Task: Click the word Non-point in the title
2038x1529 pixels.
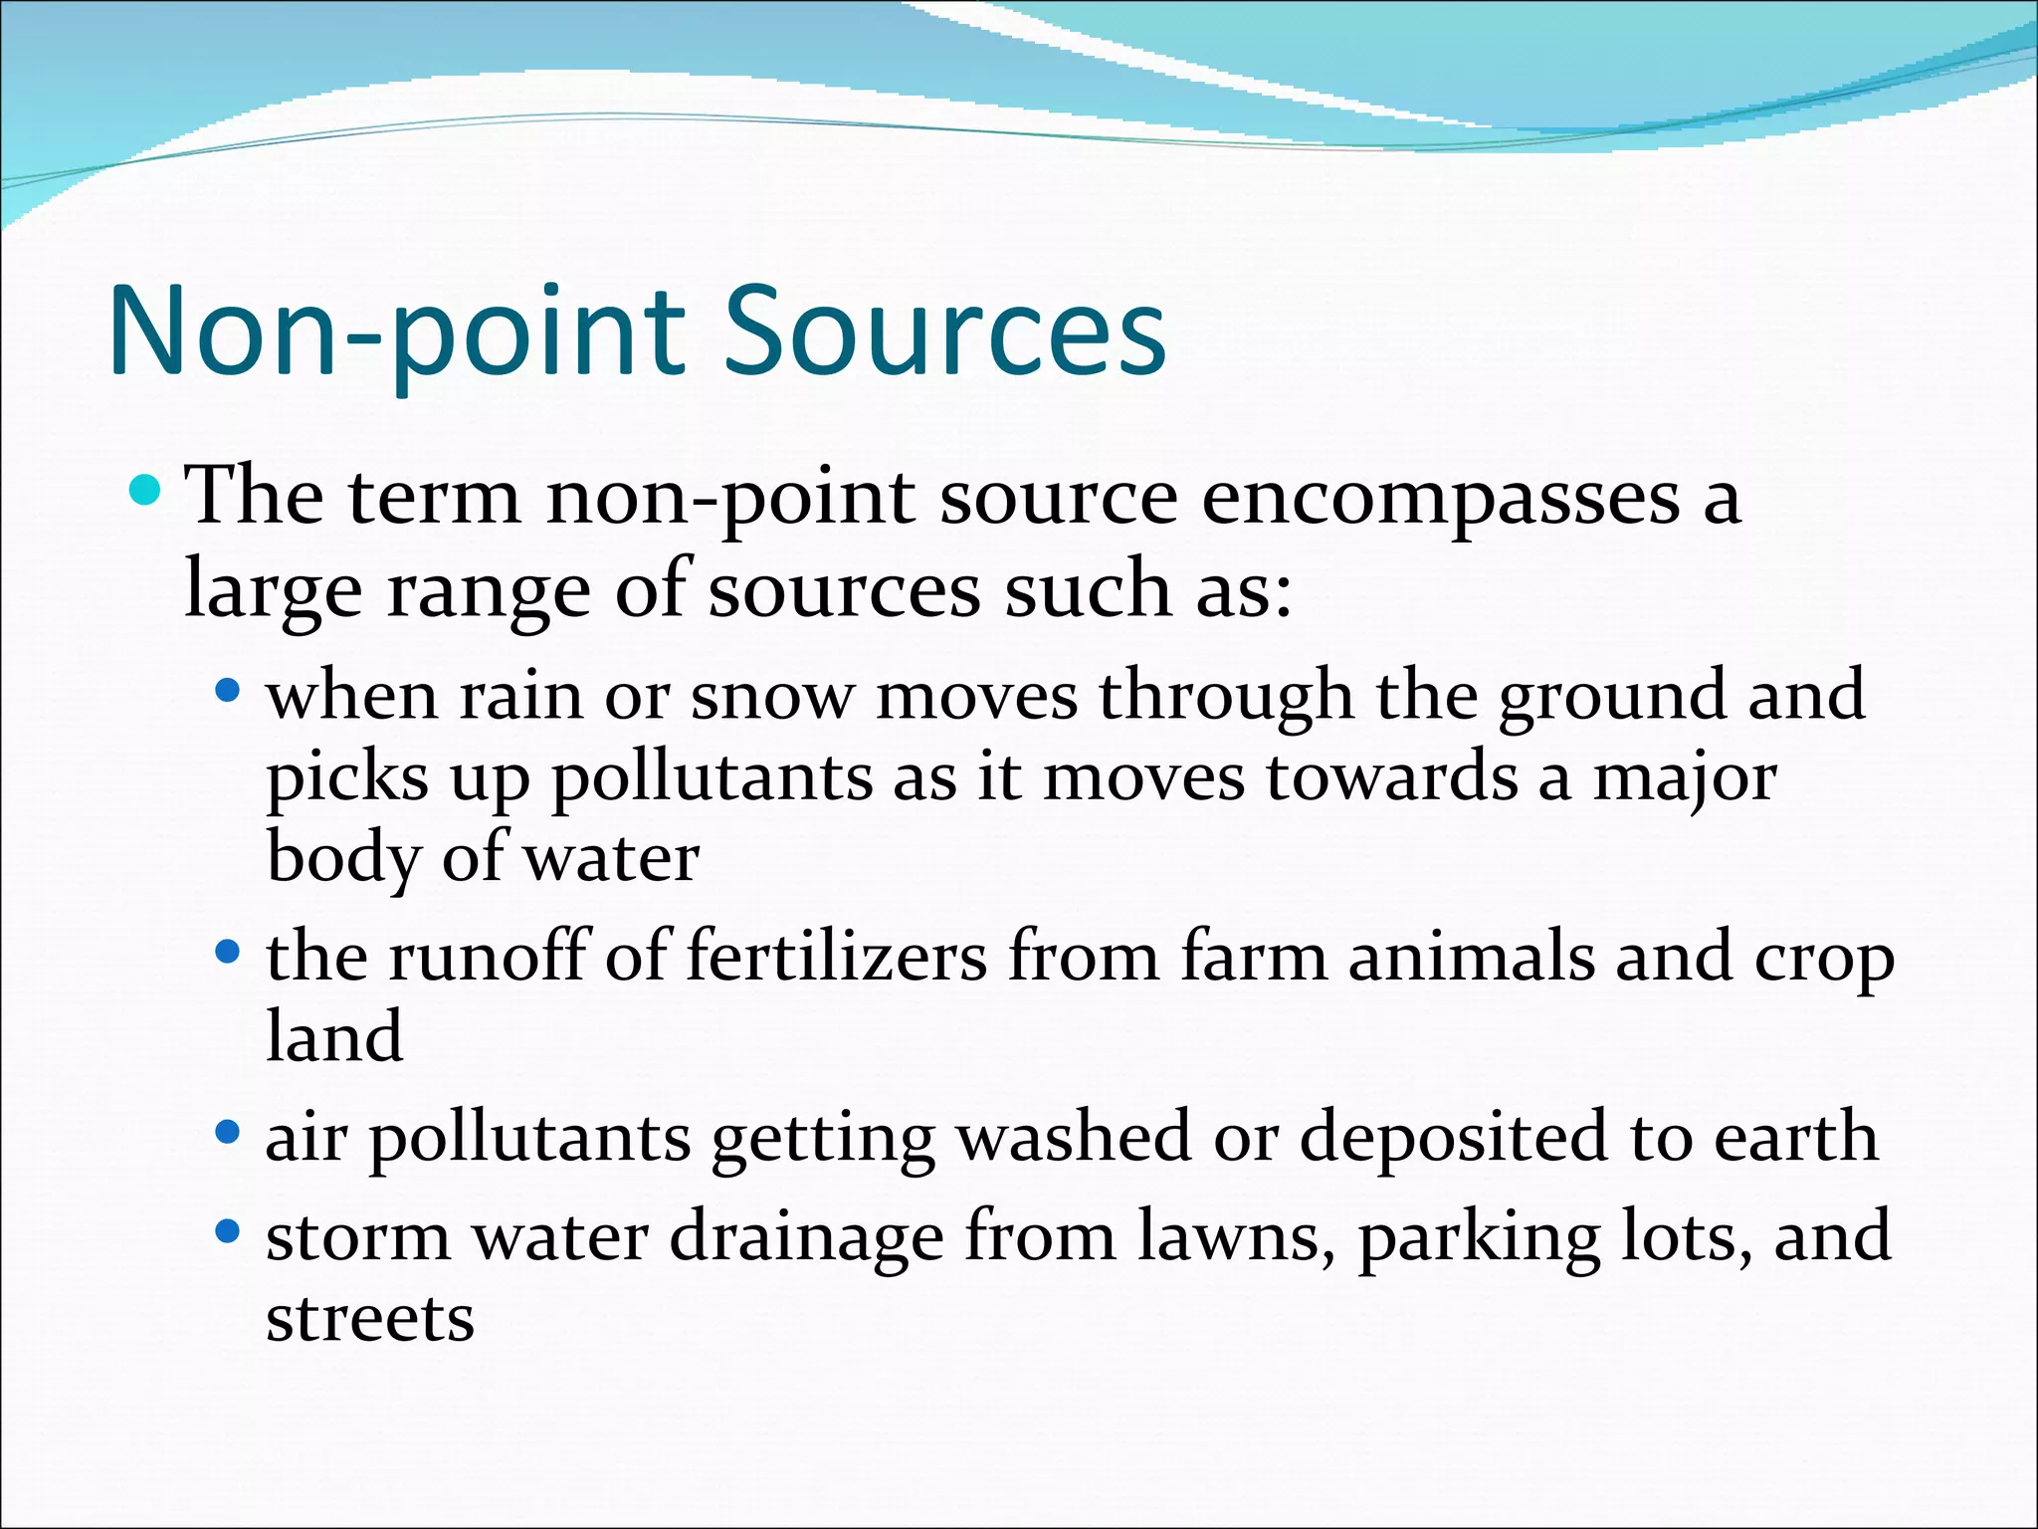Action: (x=397, y=333)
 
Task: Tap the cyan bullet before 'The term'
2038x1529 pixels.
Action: (x=145, y=490)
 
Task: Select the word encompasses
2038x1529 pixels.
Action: (x=1441, y=500)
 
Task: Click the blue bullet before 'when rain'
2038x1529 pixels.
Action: (x=228, y=689)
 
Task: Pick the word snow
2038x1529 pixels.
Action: (x=772, y=697)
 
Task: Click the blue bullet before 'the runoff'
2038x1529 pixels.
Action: (x=228, y=953)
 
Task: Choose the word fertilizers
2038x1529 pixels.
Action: (x=837, y=958)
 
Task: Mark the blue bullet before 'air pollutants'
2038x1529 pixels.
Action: (x=228, y=1132)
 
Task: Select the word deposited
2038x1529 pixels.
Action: (x=1453, y=1139)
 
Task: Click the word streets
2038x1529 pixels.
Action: (x=370, y=1319)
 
